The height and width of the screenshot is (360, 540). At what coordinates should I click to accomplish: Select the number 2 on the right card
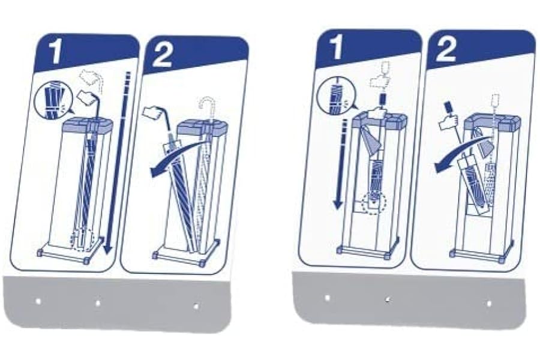pos(446,49)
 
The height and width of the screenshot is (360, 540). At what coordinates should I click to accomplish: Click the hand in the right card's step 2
pos(448,120)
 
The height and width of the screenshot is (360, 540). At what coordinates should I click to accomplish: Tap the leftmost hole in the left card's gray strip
pos(38,301)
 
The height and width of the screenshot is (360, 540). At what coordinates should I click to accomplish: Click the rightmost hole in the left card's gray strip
pos(196,306)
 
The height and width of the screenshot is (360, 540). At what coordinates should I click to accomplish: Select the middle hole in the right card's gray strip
pos(388,300)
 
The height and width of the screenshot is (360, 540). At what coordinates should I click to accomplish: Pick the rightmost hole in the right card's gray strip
pos(489,304)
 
